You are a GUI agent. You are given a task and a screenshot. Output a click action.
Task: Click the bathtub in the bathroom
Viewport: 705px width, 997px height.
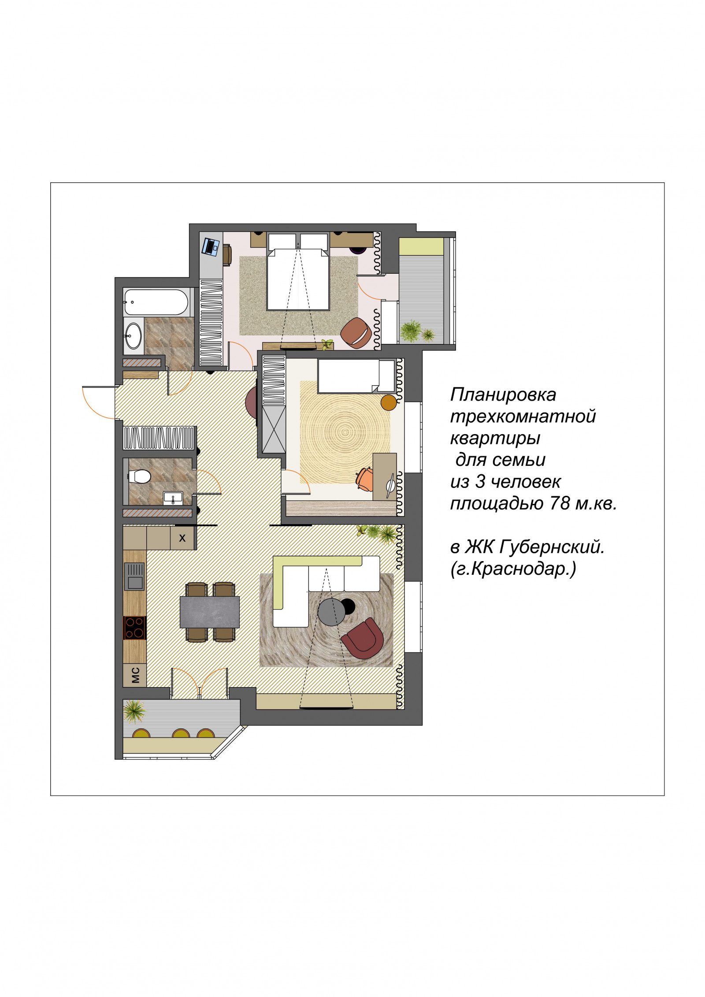tap(156, 302)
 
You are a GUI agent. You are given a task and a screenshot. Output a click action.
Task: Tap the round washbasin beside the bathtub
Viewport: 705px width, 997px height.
tap(133, 336)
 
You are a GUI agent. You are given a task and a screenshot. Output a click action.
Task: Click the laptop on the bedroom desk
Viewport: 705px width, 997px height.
tap(211, 246)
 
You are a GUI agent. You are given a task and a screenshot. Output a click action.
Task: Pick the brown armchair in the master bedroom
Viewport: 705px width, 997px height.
tap(356, 333)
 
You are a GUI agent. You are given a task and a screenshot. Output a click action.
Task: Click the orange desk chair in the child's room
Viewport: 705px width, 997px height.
tap(364, 479)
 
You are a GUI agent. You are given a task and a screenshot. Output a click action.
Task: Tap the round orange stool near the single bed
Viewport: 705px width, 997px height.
tap(389, 402)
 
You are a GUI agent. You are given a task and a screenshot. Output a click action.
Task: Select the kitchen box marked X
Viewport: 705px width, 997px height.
tap(182, 538)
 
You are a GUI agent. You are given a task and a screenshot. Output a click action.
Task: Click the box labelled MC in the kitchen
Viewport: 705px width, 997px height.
tap(135, 675)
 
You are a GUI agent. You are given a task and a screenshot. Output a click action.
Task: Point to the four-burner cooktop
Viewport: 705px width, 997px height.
tap(134, 628)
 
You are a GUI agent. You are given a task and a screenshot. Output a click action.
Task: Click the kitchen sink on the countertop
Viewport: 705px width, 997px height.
tap(134, 577)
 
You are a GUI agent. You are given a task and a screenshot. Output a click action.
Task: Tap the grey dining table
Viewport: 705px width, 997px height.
tap(209, 612)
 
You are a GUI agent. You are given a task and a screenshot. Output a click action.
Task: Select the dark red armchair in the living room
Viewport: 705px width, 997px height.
tap(363, 638)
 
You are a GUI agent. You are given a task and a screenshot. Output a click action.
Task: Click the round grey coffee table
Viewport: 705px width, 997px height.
tap(331, 612)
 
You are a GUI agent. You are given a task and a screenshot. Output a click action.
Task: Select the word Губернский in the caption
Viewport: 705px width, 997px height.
tap(552, 547)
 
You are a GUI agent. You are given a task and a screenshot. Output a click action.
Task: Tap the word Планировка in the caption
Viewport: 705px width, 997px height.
tap(503, 394)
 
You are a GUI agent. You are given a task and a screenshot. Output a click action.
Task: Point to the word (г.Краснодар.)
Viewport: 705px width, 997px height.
tap(513, 569)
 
